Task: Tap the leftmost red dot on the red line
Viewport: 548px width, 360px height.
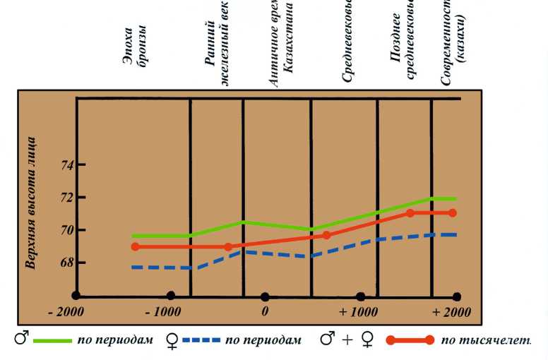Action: (x=135, y=246)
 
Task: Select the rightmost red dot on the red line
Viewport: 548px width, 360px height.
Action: (x=453, y=213)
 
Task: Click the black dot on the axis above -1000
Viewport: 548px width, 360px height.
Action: (x=170, y=296)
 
